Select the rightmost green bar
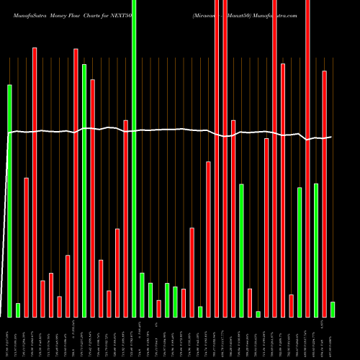click(x=333, y=309)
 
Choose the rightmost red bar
click(x=324, y=194)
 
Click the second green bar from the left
click(x=18, y=310)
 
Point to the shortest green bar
click(x=258, y=314)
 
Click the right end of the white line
click(x=332, y=137)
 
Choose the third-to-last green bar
click(x=300, y=252)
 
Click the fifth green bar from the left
click(x=142, y=294)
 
